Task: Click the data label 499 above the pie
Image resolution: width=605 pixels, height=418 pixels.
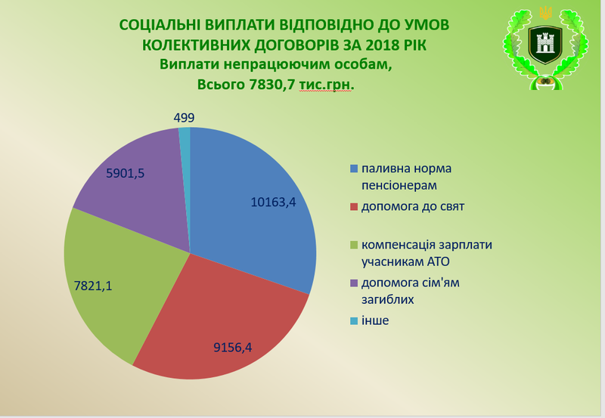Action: [x=184, y=118]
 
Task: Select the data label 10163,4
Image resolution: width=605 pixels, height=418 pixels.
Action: [x=273, y=202]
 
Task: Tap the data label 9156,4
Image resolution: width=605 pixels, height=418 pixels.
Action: [x=233, y=348]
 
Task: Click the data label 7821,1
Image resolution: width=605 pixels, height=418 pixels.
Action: [x=93, y=286]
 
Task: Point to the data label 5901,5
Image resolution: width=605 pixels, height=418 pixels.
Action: [x=125, y=174]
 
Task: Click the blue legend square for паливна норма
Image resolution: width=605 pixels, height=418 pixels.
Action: [x=354, y=169]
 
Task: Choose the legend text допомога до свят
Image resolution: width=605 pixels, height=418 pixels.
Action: [x=413, y=206]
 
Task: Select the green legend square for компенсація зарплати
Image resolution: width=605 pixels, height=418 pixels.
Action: [x=354, y=245]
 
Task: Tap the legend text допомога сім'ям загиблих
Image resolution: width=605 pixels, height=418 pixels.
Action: [x=411, y=291]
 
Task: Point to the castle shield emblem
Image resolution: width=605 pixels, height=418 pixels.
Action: [x=545, y=45]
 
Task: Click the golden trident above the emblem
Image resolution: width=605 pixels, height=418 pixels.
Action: [x=545, y=13]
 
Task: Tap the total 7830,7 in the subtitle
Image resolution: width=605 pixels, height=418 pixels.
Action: [x=271, y=84]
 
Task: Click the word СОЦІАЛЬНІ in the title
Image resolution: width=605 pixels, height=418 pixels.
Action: [x=159, y=25]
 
